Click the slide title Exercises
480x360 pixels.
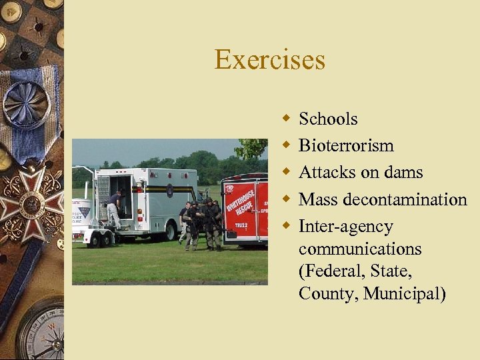[x=269, y=60]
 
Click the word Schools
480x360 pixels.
[x=328, y=119]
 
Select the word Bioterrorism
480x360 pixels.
[x=346, y=145]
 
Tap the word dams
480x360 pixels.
[x=403, y=172]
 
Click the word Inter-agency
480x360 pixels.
[x=345, y=227]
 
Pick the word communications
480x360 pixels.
[x=360, y=249]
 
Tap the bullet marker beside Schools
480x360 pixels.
[x=286, y=119]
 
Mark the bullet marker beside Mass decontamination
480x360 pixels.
[x=286, y=199]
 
